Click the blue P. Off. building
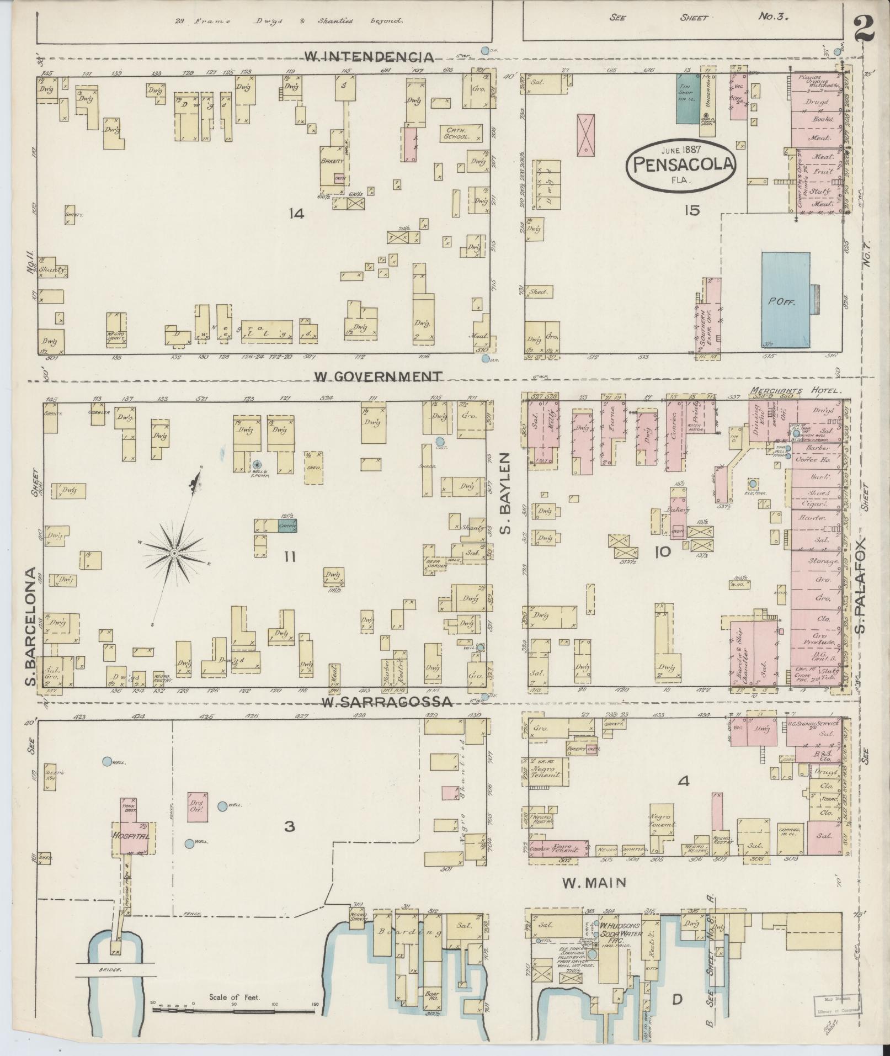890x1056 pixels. point(786,300)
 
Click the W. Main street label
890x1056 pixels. point(594,883)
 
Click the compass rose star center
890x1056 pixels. point(174,553)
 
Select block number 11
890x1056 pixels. point(289,557)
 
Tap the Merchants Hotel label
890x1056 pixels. point(796,390)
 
